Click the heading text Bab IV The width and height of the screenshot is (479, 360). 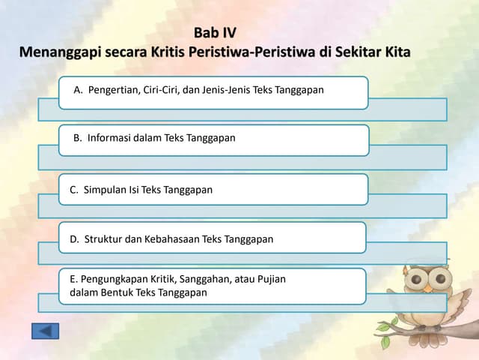click(215, 33)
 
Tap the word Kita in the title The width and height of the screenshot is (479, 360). click(394, 53)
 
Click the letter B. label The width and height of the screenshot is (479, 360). click(77, 139)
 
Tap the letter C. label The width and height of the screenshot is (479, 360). click(74, 190)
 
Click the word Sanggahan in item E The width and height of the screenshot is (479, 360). click(205, 279)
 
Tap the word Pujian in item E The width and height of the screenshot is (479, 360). click(270, 279)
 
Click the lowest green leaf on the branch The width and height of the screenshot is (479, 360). click(385, 342)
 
